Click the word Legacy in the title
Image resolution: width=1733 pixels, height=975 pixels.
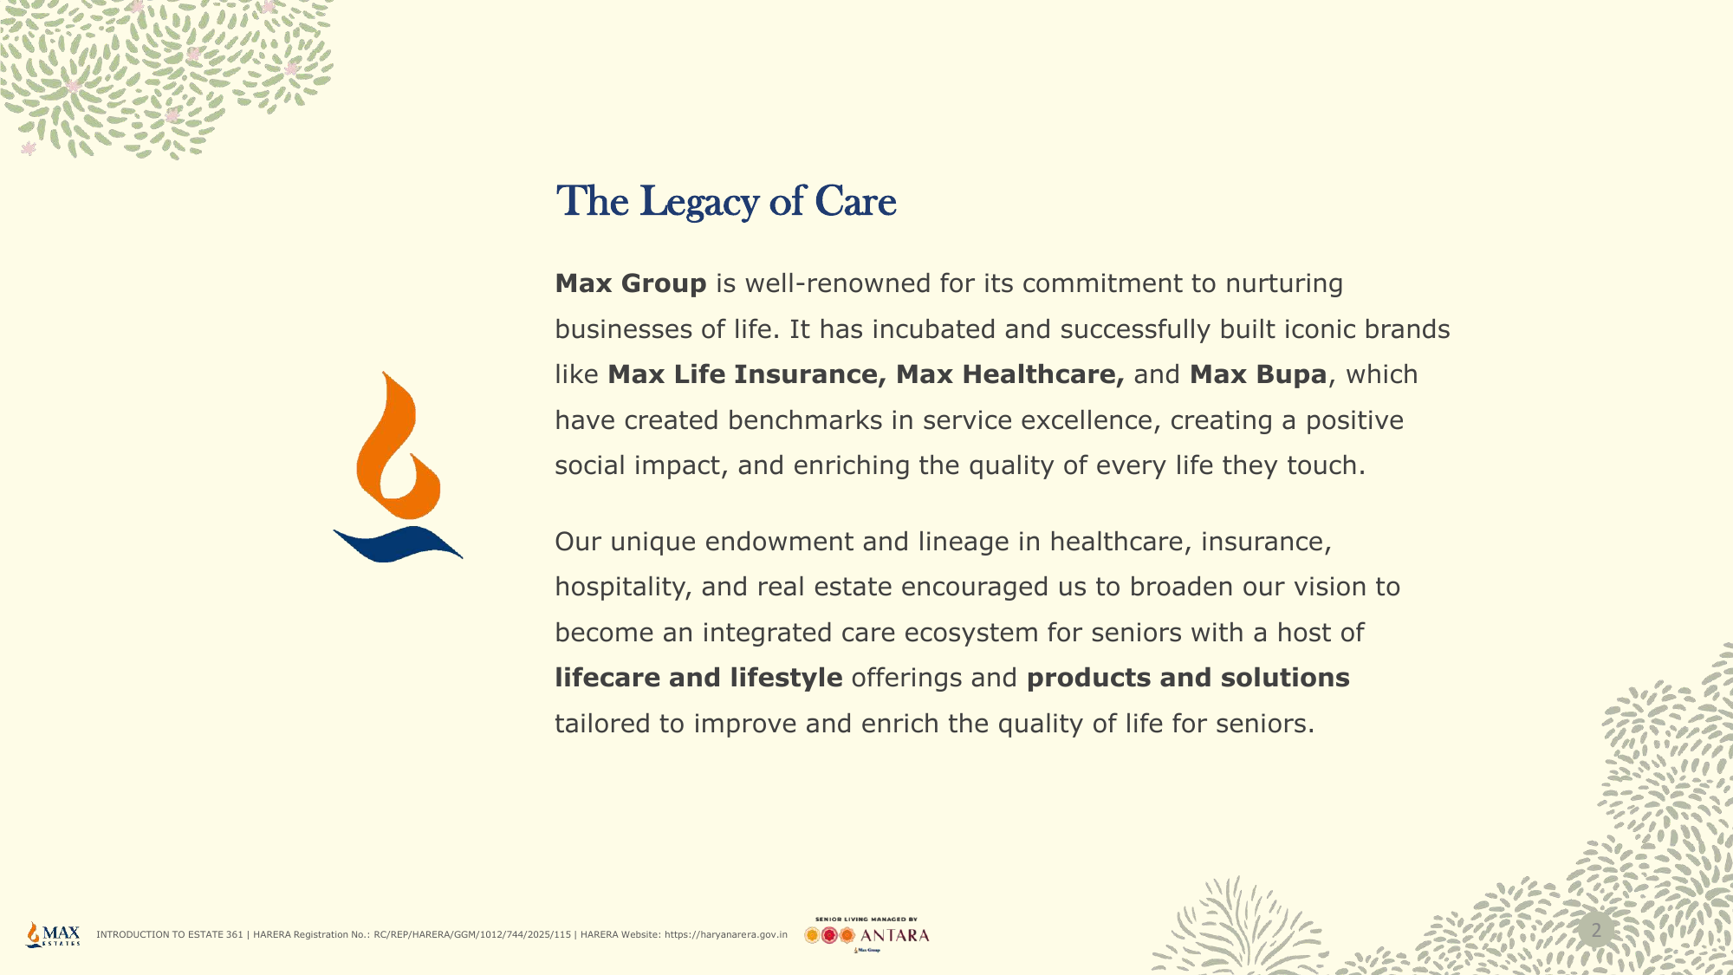699,203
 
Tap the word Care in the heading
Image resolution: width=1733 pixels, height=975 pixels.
855,201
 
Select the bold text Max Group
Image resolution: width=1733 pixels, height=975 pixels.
631,283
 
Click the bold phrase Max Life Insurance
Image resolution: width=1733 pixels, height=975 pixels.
747,374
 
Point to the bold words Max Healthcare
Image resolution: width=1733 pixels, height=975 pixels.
1010,374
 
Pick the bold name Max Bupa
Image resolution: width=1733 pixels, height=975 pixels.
1258,374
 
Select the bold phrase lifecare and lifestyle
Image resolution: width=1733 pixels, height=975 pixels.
698,678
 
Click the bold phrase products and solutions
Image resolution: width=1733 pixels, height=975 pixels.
1188,678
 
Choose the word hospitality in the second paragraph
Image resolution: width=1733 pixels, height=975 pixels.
623,588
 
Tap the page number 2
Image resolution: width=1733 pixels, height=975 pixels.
1596,931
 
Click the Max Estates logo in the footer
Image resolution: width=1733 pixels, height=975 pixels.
54,934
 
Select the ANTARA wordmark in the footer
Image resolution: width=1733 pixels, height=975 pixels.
894,936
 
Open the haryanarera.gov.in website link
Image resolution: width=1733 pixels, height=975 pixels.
726,935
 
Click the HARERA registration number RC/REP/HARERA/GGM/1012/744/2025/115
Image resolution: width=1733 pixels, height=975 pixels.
472,935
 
